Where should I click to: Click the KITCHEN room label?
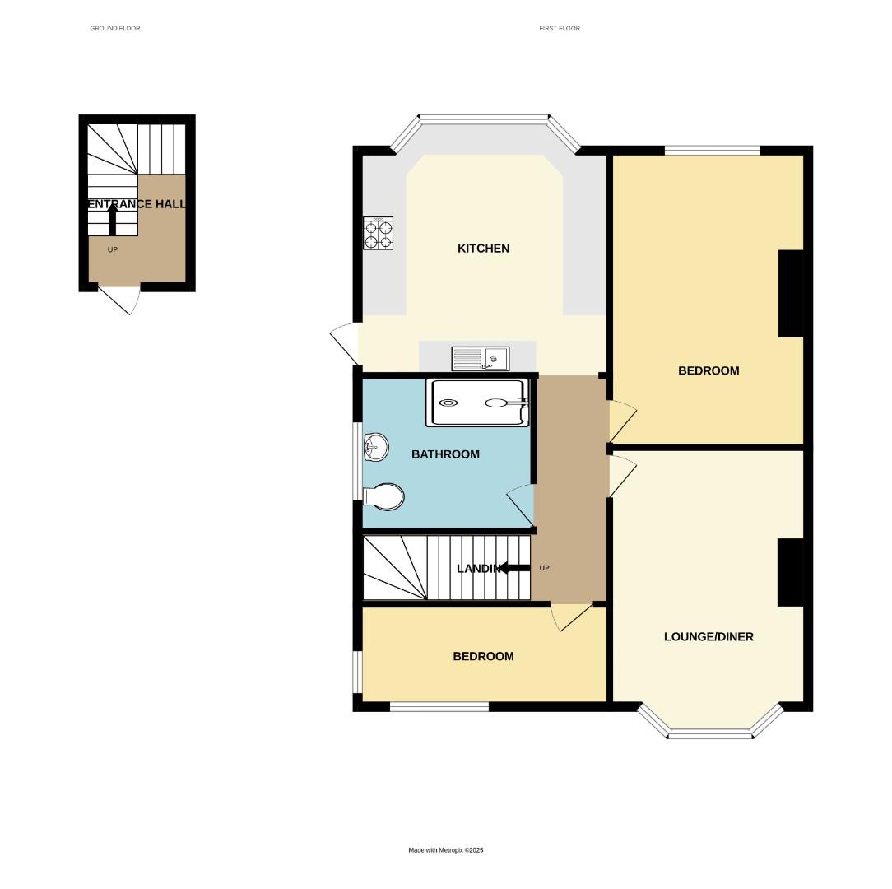click(483, 249)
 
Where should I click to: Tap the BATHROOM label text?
click(445, 454)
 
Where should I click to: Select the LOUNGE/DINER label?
click(708, 636)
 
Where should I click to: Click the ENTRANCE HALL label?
click(137, 204)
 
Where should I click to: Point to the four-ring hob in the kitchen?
click(378, 233)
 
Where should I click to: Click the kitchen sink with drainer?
click(481, 358)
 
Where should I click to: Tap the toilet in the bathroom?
click(385, 496)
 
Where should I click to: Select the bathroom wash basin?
click(374, 448)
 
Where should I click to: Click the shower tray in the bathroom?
click(476, 403)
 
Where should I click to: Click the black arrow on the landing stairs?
click(516, 568)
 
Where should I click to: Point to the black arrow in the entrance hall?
click(113, 220)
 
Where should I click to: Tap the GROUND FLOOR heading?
click(115, 29)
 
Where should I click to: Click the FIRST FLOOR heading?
click(560, 29)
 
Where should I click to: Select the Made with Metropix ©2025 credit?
click(446, 850)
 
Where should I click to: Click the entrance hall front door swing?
click(120, 300)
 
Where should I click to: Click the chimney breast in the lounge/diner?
click(791, 572)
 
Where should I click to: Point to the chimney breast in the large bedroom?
click(791, 293)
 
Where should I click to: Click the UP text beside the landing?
click(544, 569)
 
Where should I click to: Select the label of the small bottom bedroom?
click(483, 656)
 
